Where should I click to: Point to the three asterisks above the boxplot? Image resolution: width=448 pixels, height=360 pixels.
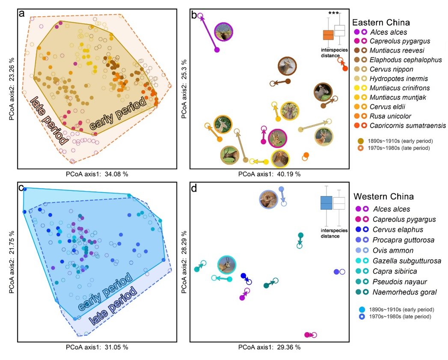pos(333,13)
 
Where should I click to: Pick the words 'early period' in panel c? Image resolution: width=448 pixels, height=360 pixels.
pos(104,292)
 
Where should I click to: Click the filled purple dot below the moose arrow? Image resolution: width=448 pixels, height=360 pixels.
pos(217,50)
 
